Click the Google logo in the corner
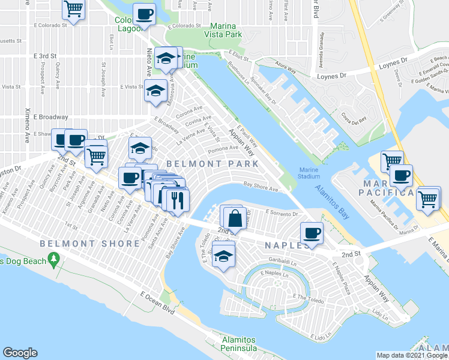click(x=20, y=353)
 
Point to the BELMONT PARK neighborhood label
click(x=212, y=163)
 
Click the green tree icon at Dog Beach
click(x=55, y=259)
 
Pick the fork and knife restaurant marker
click(x=176, y=199)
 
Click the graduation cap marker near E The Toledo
click(x=223, y=256)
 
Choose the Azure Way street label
click(x=286, y=70)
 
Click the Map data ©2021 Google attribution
click(x=411, y=355)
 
